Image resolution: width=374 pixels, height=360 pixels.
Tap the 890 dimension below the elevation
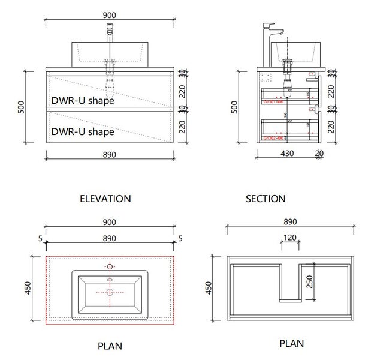click(x=109, y=154)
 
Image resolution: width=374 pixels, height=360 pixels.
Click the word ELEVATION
click(x=105, y=198)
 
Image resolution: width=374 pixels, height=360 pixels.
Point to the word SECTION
click(x=266, y=199)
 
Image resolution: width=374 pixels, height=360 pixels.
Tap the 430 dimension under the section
click(x=288, y=154)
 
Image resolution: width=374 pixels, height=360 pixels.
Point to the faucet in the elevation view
click(x=110, y=36)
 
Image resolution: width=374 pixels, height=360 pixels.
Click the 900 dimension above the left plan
click(x=109, y=222)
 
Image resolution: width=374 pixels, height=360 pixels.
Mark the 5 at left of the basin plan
click(x=40, y=239)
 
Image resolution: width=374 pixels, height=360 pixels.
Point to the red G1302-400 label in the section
click(x=273, y=138)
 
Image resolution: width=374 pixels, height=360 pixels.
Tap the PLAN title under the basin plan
click(x=110, y=346)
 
